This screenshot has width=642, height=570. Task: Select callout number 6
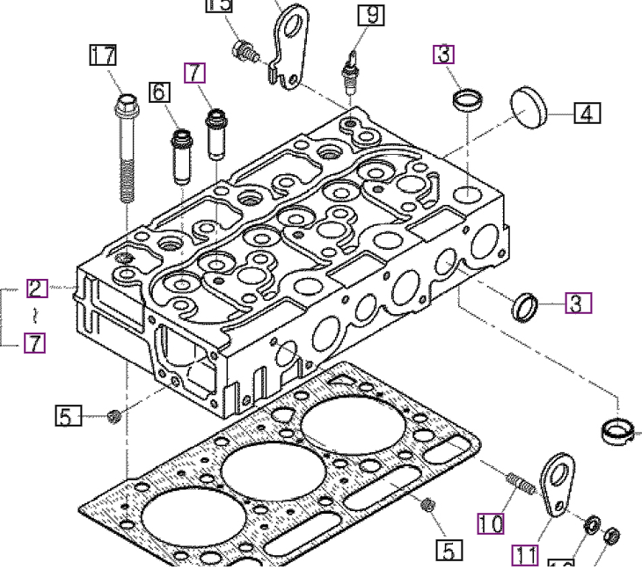[x=158, y=91]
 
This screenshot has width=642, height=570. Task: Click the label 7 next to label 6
[x=194, y=72]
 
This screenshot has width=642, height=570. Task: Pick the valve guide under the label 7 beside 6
[x=215, y=133]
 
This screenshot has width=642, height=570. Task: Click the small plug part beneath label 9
[x=352, y=75]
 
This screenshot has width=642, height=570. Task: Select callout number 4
[x=587, y=113]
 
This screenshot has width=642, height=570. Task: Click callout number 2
[x=36, y=288]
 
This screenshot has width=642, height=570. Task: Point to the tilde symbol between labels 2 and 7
[x=34, y=315]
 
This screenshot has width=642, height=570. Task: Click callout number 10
[x=492, y=524]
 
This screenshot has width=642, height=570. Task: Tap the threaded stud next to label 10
[x=520, y=483]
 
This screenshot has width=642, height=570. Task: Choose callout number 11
[x=526, y=554]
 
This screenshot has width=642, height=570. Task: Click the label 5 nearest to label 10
[x=448, y=551]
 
